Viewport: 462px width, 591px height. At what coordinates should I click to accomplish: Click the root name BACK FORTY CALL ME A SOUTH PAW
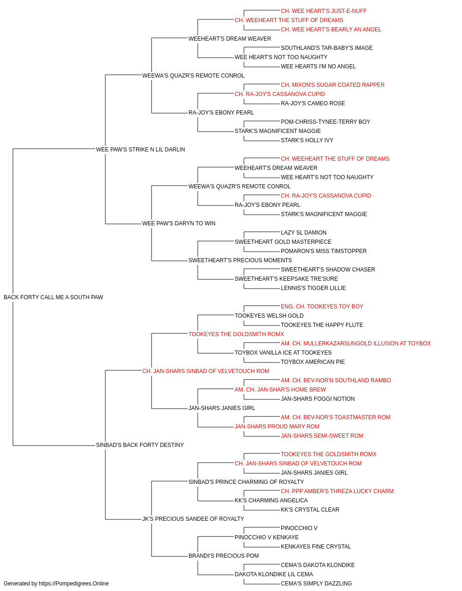tap(53, 297)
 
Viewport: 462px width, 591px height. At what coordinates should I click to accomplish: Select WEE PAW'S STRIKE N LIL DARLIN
tap(140, 149)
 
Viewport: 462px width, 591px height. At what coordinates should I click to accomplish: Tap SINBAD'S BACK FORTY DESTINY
tap(140, 445)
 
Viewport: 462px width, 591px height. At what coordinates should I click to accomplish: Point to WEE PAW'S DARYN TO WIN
tap(179, 223)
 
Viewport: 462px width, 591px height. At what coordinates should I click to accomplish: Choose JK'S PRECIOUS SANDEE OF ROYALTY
tap(193, 519)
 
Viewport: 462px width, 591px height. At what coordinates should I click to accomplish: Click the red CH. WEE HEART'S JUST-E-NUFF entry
tap(324, 11)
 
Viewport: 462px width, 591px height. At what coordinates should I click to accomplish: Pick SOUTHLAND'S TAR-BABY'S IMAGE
tap(327, 48)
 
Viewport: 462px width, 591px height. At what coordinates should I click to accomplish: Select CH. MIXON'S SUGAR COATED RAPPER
tap(333, 85)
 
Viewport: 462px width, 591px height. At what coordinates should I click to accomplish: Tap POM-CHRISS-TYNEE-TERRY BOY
tap(325, 122)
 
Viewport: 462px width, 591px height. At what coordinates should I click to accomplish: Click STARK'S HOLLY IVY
tap(307, 140)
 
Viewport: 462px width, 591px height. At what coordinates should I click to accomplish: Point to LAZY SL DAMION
tap(304, 233)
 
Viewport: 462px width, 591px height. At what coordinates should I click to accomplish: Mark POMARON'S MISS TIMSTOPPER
tap(324, 251)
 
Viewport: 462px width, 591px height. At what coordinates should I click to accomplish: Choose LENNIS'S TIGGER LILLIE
tap(313, 288)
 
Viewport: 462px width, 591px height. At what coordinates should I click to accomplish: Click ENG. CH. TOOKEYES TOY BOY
tap(322, 307)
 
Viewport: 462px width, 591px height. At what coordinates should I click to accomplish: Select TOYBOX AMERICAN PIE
tap(313, 362)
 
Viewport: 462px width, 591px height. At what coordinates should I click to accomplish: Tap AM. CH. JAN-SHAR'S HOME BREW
tap(280, 390)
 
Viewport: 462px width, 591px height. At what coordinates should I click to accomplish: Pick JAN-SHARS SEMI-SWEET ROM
tap(322, 436)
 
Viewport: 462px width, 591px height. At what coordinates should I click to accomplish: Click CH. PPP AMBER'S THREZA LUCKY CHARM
tap(337, 491)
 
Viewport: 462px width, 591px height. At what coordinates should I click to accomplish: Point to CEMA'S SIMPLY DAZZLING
tap(316, 584)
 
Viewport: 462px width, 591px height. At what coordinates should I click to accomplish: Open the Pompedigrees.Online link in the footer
tap(74, 584)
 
